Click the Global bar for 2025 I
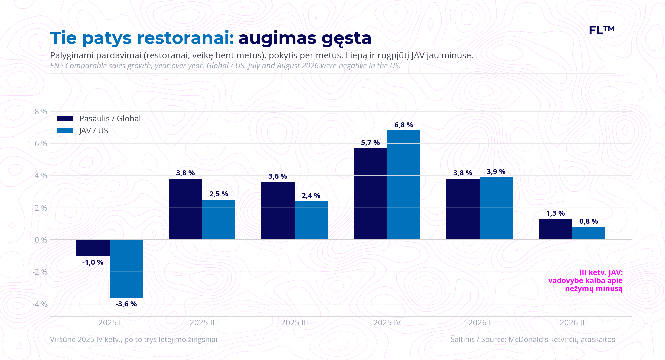tap(93, 248)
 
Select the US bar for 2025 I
tap(126, 269)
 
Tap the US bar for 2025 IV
tap(404, 185)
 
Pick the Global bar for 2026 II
tap(555, 229)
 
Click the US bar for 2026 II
tap(589, 233)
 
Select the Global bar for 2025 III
tap(278, 211)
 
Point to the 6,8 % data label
tap(404, 125)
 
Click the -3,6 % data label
tap(126, 304)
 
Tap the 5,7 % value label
tap(370, 143)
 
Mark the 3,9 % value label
tap(496, 172)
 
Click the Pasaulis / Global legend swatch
tap(65, 119)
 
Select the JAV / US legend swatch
tap(65, 131)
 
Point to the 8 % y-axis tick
tap(41, 112)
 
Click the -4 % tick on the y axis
tap(40, 304)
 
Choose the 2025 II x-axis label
tap(202, 323)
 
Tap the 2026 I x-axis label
tap(479, 323)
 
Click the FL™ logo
tap(602, 30)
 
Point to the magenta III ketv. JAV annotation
tap(585, 281)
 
